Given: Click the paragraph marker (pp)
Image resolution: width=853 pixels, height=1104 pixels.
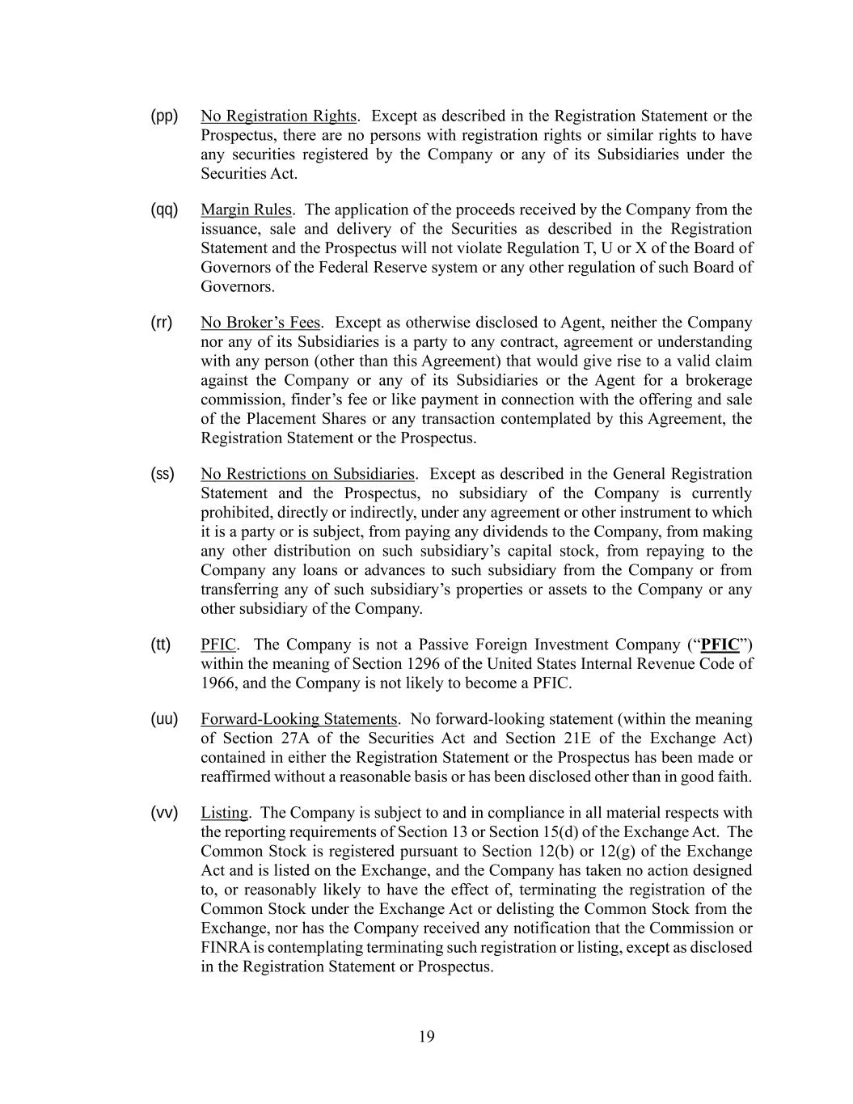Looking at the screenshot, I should [164, 116].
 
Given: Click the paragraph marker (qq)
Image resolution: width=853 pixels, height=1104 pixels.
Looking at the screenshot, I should [164, 210].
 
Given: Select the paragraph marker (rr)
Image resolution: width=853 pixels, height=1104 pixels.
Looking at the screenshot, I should [162, 323].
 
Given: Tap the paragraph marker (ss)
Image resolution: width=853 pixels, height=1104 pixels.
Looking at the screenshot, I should [163, 474].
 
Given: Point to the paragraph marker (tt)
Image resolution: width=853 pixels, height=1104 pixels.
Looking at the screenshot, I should [161, 645].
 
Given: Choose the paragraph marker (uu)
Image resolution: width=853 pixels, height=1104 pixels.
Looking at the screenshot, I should [164, 719].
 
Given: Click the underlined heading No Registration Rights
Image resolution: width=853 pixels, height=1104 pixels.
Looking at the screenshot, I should [278, 116].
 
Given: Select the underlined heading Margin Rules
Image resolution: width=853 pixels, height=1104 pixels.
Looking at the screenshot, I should [246, 210].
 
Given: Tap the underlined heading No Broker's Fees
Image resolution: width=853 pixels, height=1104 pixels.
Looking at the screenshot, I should [260, 323].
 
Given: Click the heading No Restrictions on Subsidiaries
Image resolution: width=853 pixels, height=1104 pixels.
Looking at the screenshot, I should [307, 474].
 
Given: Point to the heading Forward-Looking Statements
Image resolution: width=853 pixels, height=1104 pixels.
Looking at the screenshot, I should [299, 719].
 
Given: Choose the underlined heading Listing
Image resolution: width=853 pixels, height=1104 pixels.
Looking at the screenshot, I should [224, 813].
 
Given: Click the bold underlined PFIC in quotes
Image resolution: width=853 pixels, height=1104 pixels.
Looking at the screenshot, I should [720, 645].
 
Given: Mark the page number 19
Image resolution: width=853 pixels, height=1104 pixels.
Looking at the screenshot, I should [427, 1037].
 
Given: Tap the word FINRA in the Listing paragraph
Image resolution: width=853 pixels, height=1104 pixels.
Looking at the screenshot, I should [220, 948].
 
